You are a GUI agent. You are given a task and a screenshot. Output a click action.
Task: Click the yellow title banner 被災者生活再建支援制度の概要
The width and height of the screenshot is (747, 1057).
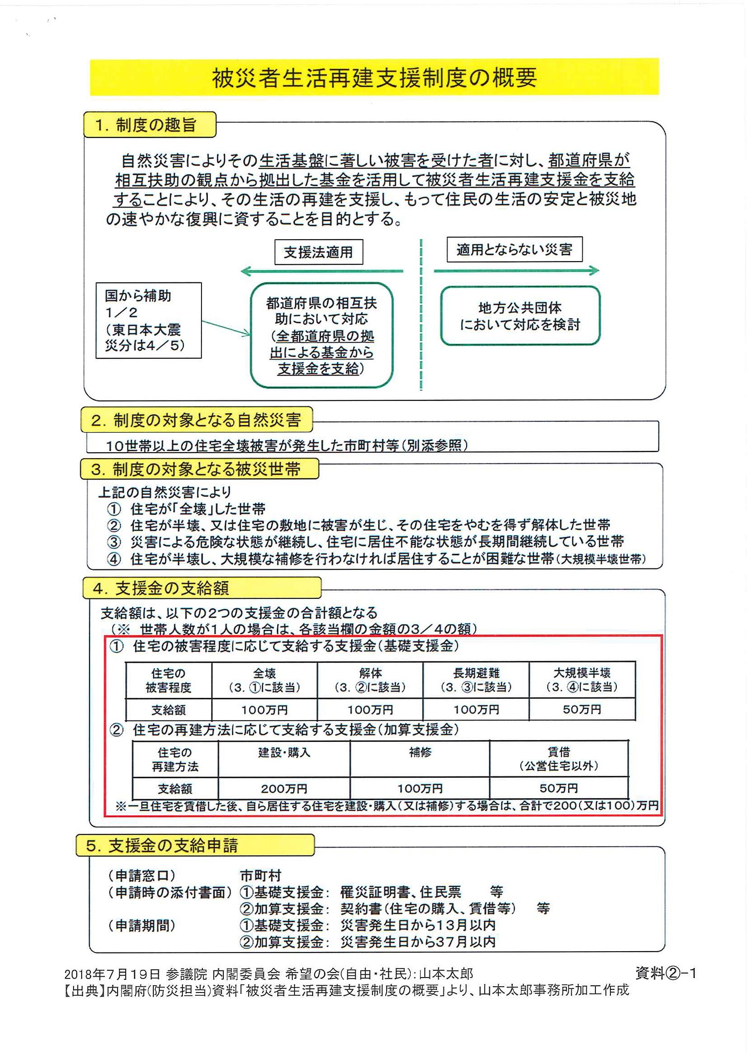coord(374,77)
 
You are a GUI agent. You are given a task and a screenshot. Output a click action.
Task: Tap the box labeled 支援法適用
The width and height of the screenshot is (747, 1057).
coord(318,252)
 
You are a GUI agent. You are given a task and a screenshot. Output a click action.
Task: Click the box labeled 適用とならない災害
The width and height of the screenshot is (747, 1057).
coord(514,250)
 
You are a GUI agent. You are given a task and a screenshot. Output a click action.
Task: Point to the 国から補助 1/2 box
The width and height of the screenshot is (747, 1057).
coord(148,321)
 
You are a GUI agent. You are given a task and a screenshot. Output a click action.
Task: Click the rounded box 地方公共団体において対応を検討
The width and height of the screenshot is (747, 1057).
coord(520,316)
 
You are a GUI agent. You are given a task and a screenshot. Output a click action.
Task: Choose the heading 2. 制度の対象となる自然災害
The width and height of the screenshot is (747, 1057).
coord(196,420)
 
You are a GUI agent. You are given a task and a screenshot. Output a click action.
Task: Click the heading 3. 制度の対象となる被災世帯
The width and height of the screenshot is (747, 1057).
coord(199,469)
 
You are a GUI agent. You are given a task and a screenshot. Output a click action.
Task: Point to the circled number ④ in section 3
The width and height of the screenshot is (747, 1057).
coord(114,559)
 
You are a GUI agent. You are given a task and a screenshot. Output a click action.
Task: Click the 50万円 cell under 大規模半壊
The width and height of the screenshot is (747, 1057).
coord(582,709)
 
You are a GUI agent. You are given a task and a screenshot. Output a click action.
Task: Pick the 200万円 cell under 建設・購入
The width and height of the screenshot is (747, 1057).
coord(284,788)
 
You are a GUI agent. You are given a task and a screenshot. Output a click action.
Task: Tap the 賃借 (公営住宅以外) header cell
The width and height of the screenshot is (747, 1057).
coord(559,758)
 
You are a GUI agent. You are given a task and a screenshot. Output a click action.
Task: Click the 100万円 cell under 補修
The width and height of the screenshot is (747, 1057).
coord(420,788)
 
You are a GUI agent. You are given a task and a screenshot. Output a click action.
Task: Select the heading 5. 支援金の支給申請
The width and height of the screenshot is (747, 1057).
coord(195,846)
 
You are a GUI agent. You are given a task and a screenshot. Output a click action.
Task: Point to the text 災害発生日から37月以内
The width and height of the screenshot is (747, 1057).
coord(418,942)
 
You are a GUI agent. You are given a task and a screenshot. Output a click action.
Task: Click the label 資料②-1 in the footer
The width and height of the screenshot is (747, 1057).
coord(665,973)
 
